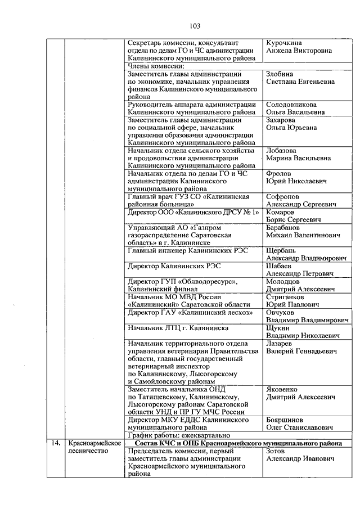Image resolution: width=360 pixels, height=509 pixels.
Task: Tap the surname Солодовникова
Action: coord(291,105)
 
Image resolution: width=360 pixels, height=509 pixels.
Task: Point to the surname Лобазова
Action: coord(281,151)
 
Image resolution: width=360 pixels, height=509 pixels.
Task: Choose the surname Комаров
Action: coord(280,213)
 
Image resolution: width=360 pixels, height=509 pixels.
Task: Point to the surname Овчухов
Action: coord(282,312)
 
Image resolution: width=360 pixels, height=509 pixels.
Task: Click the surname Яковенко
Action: coord(283,389)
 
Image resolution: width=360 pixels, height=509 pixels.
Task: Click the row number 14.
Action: coord(55,443)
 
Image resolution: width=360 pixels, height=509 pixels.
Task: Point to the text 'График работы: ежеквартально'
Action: coord(179,435)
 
